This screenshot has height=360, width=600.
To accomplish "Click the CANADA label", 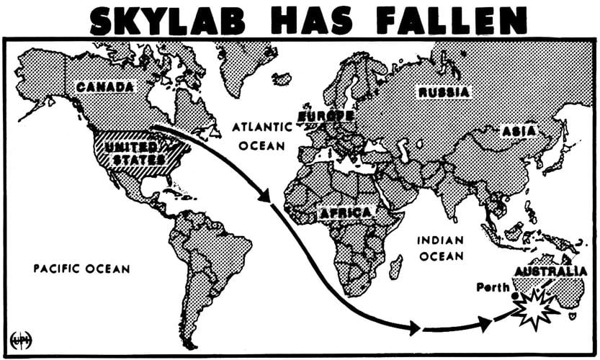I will click(105, 88).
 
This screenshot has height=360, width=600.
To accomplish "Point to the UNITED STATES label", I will click(135, 151).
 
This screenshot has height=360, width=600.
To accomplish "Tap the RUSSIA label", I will click(444, 92).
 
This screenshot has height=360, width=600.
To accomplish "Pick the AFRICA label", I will click(346, 213).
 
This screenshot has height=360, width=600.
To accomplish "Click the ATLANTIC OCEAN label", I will click(261, 135).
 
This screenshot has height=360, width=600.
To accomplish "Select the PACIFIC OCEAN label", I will click(82, 269).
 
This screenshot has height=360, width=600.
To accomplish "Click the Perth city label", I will click(493, 287).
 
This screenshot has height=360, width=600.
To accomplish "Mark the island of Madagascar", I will click(395, 268).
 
